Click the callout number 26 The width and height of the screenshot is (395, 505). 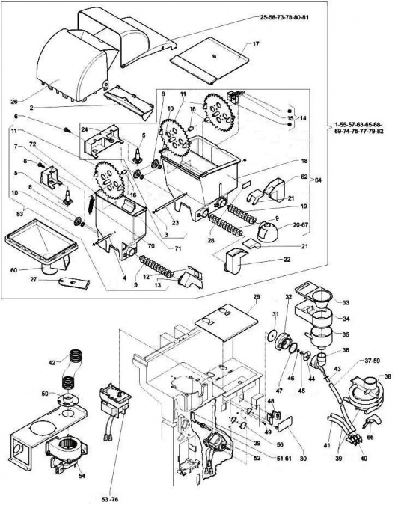pos(13,102)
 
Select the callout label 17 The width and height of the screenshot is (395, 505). pos(256,44)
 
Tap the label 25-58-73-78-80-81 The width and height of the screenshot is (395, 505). pos(284,17)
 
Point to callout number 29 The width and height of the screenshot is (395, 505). pos(257,296)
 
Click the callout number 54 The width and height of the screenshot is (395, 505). pos(82,476)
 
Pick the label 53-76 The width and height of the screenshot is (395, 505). pos(110,499)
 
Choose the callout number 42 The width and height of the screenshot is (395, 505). pos(52,362)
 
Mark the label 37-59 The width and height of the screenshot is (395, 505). pos(371,361)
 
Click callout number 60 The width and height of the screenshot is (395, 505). pos(13,270)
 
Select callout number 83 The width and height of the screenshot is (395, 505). pos(20,213)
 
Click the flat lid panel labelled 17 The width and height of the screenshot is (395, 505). pos(210,61)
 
